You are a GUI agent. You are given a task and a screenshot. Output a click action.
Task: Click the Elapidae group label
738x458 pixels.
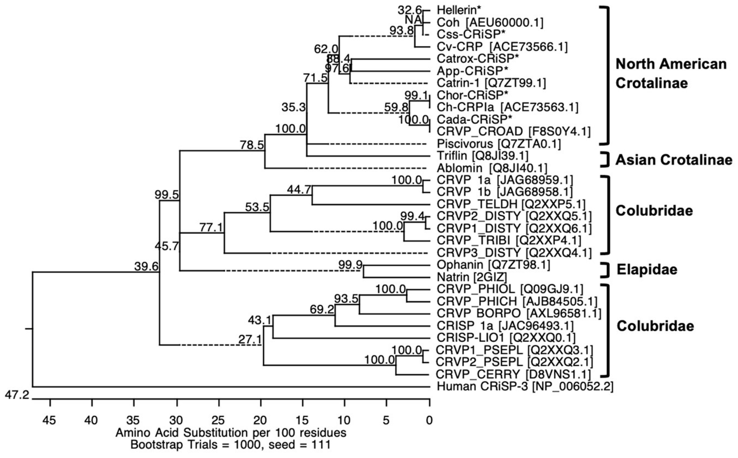pyautogui.click(x=647, y=270)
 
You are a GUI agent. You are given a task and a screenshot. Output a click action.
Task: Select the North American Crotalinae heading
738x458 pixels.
pyautogui.click(x=671, y=73)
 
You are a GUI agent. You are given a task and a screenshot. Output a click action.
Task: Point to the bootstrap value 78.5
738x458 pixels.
pyautogui.click(x=252, y=145)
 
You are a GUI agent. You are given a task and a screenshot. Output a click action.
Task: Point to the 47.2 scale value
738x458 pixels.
pyautogui.click(x=17, y=395)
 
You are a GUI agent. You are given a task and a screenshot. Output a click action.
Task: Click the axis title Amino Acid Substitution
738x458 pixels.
pyautogui.click(x=231, y=433)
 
